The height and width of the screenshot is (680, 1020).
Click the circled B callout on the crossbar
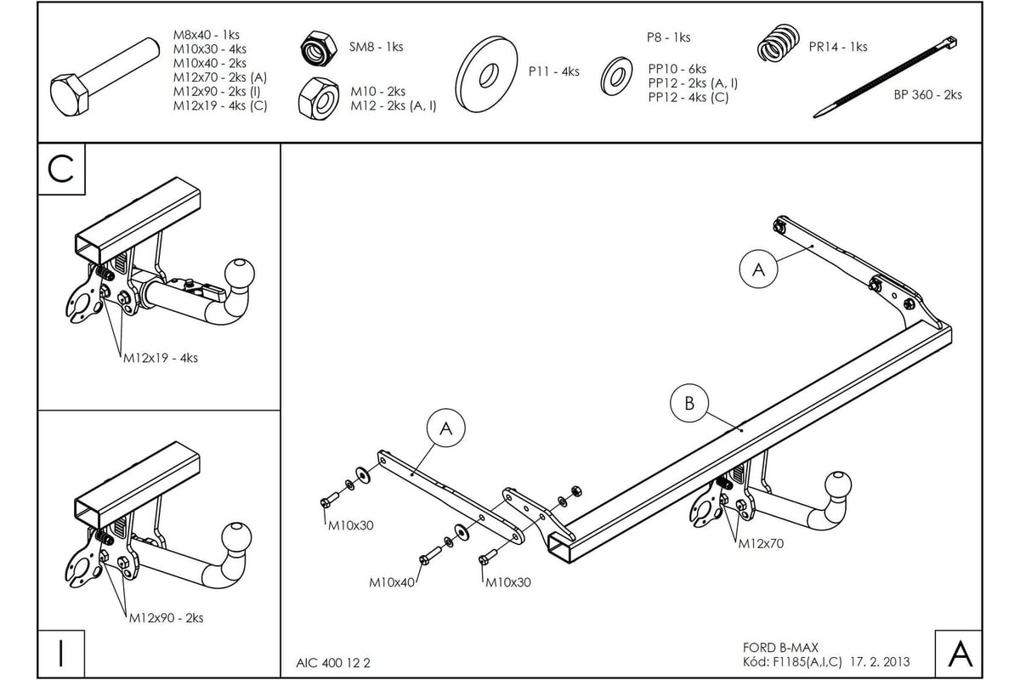point(689,403)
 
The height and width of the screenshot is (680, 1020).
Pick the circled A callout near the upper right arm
point(759,269)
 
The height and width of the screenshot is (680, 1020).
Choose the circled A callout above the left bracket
point(446,430)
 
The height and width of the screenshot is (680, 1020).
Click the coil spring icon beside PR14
point(778,43)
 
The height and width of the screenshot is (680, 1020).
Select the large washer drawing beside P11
point(487,74)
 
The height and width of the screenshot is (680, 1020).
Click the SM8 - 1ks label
point(376,47)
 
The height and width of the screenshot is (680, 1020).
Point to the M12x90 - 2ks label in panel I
point(166,618)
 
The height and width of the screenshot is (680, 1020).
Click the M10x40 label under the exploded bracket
point(392,583)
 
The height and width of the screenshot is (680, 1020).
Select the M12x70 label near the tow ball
point(760,543)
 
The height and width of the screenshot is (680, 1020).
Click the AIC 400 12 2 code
point(334,661)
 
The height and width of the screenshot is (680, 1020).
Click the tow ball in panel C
point(238,275)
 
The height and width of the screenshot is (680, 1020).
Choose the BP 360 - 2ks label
point(927,95)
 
